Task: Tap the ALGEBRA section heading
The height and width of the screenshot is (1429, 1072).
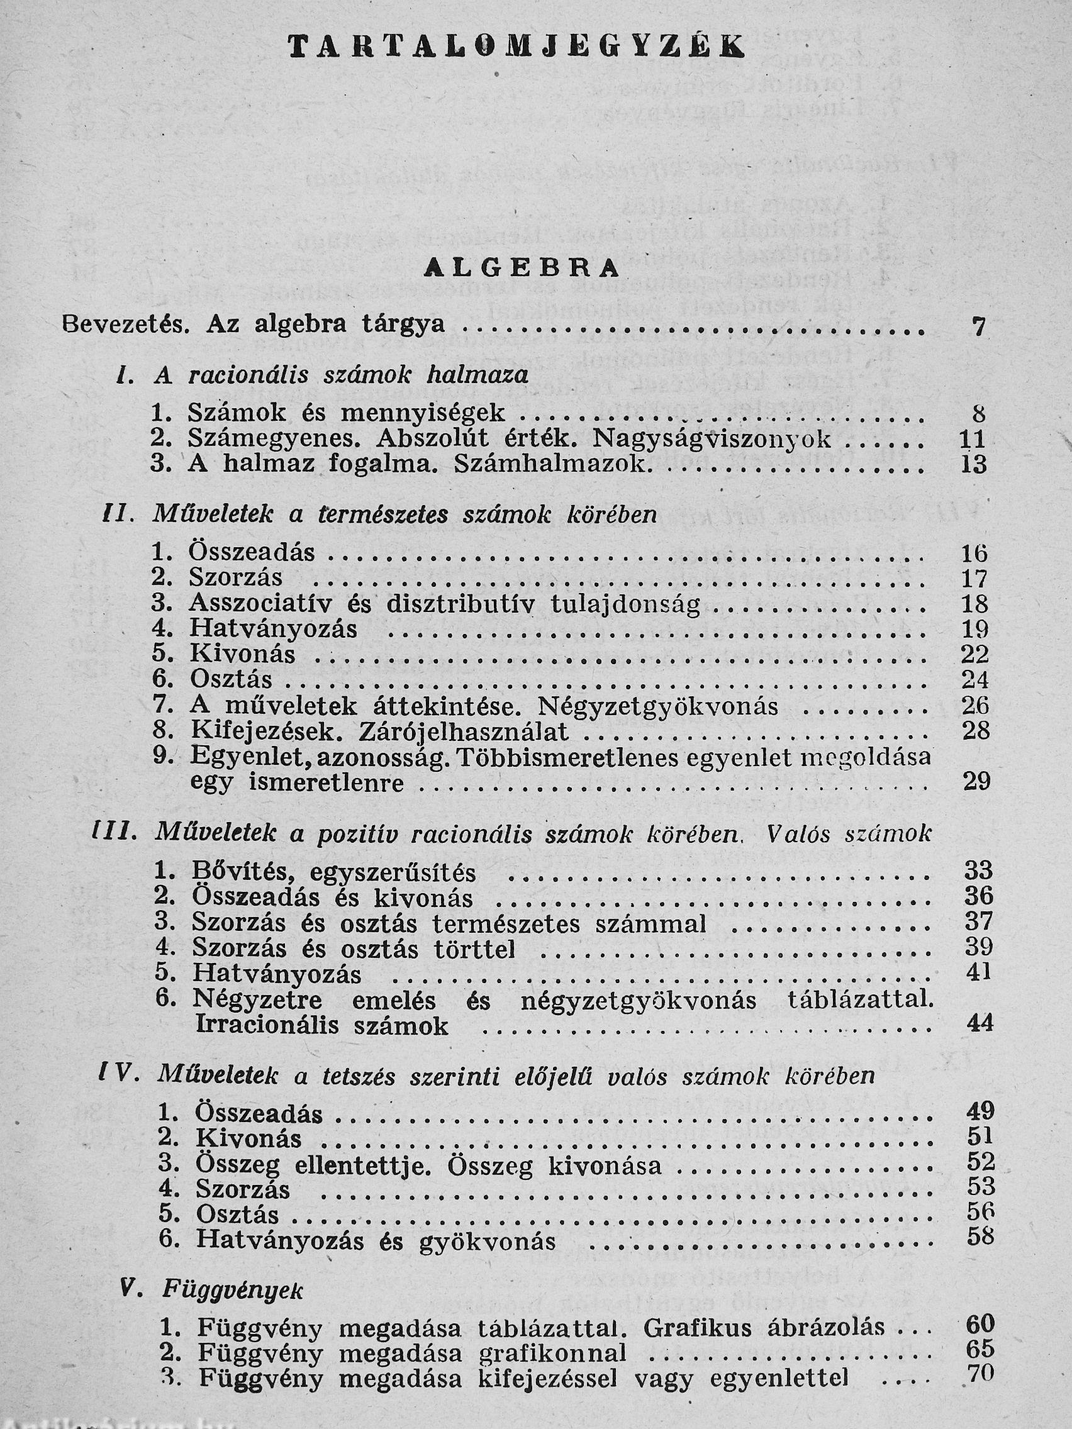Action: [x=522, y=268]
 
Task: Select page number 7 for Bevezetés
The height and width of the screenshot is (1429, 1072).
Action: [x=979, y=328]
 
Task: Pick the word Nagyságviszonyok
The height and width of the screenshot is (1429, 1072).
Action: [x=712, y=439]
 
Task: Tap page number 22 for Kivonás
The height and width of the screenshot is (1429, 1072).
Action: [x=975, y=654]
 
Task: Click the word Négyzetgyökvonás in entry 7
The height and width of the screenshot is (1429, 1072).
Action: [x=658, y=706]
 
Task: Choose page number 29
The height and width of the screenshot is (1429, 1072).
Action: [x=976, y=782]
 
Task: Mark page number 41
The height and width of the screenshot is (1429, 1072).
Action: [x=978, y=972]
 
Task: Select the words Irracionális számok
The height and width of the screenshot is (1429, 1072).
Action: [x=321, y=1026]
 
